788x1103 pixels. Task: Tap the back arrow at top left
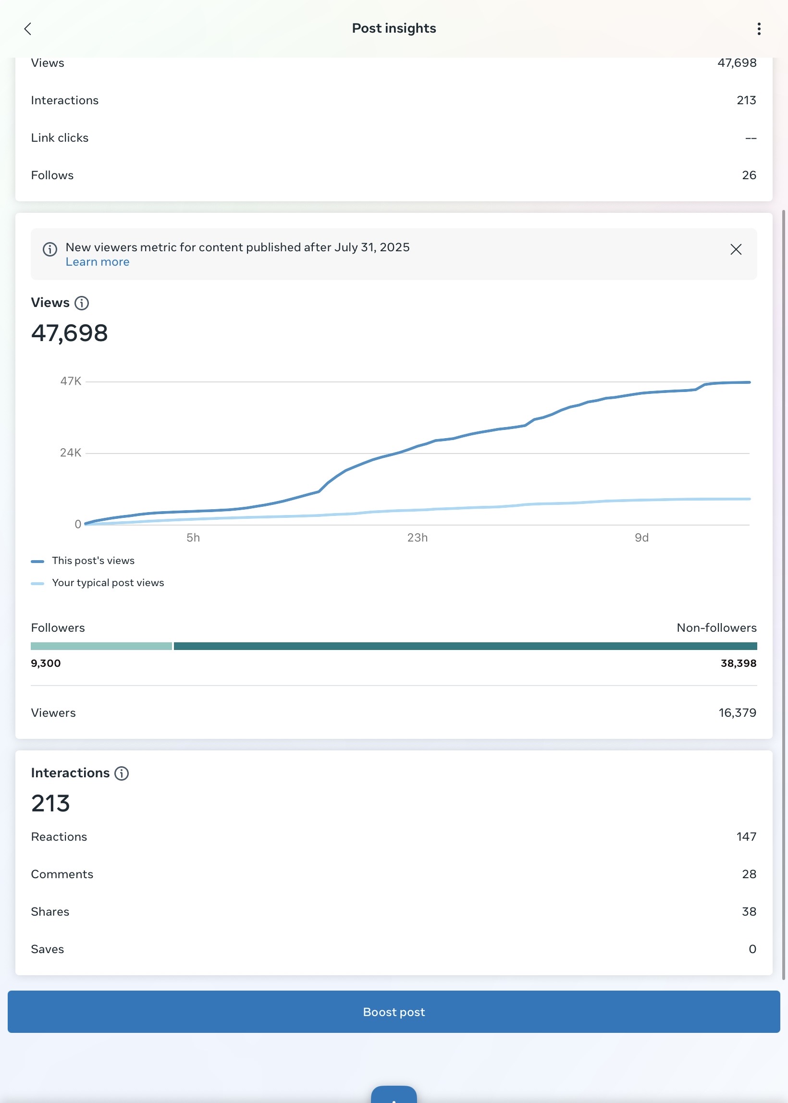[28, 29]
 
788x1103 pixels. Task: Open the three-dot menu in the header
[759, 29]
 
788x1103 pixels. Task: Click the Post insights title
[394, 29]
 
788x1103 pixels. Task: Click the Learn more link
[98, 262]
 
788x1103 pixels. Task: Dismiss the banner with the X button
[736, 249]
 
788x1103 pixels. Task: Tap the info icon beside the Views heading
[82, 303]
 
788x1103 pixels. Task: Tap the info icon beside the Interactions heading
[121, 773]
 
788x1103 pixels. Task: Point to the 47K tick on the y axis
[71, 381]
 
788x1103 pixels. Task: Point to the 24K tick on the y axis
[71, 453]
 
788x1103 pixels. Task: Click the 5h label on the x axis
[193, 538]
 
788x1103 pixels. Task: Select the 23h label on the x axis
[417, 538]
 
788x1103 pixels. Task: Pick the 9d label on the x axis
[641, 538]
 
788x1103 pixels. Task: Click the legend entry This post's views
[93, 561]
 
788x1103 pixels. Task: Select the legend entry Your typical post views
[108, 583]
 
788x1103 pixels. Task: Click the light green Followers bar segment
[101, 646]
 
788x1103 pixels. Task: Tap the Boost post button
[394, 1011]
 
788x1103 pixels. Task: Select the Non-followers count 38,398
[738, 663]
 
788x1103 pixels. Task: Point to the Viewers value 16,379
[737, 713]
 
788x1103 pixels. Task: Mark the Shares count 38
[749, 912]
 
